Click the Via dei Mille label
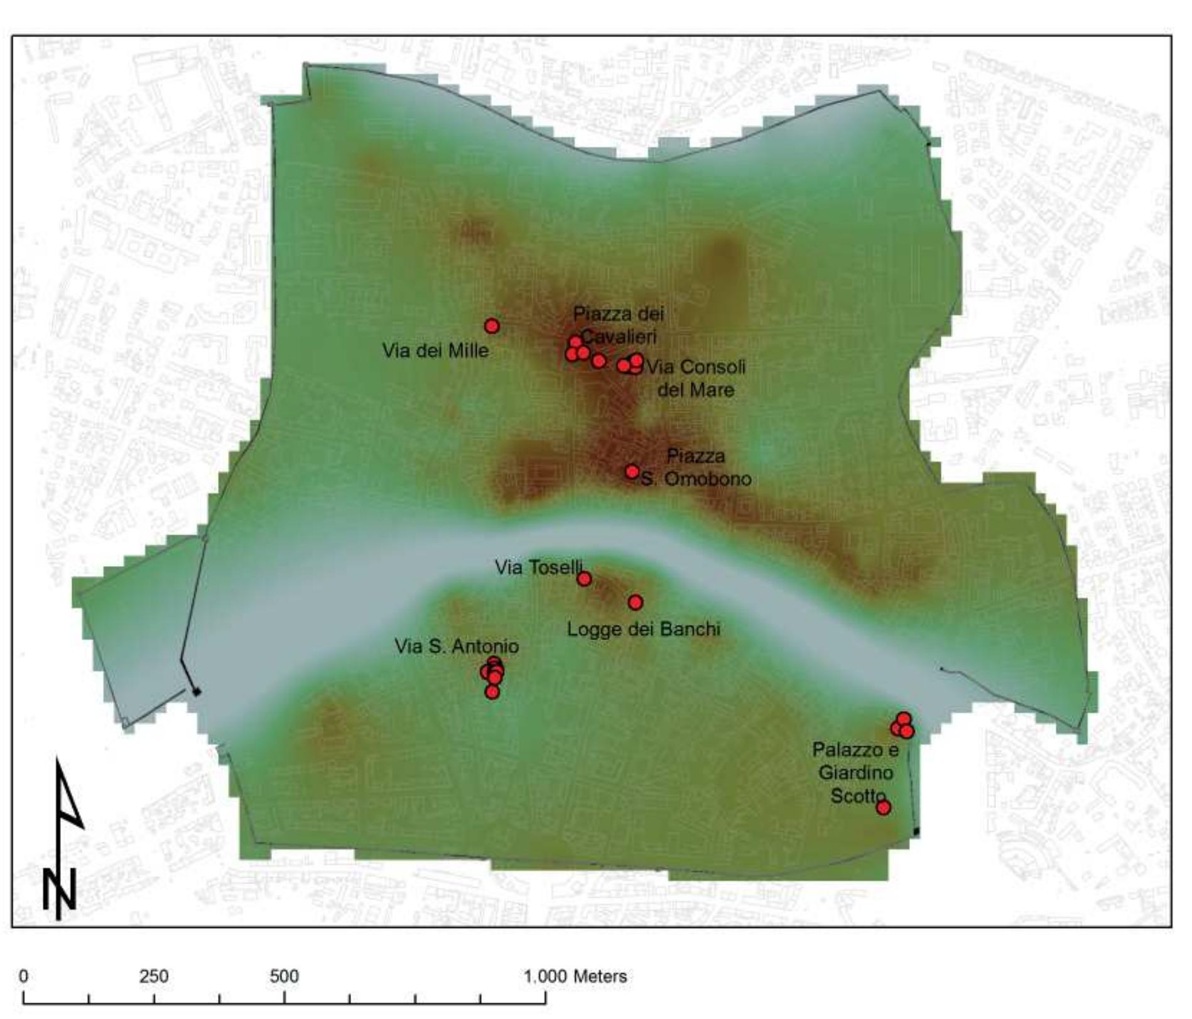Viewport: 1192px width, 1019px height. [x=435, y=351]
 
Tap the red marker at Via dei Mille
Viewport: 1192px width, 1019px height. [x=492, y=325]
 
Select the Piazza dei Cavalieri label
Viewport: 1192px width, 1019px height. [x=618, y=324]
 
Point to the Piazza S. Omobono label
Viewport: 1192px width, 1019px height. [x=696, y=467]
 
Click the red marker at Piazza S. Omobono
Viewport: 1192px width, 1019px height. [x=632, y=471]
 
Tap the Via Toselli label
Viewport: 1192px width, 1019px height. [x=538, y=567]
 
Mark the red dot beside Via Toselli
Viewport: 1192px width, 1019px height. [x=584, y=579]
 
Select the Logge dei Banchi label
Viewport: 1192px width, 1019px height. [x=643, y=629]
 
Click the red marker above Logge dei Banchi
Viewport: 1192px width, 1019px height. [x=636, y=602]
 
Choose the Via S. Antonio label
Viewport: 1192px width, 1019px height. [x=457, y=646]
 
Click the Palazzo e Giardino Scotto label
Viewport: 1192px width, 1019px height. [x=855, y=772]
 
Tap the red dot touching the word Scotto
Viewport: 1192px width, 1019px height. [x=883, y=807]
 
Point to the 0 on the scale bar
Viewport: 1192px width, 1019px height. [x=23, y=976]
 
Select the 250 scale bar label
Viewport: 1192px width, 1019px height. [x=154, y=976]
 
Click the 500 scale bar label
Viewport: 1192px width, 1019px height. [x=284, y=976]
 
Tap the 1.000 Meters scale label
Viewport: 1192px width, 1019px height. [x=575, y=976]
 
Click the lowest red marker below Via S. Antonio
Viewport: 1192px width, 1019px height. [x=492, y=692]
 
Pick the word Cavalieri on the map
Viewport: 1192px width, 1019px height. [x=619, y=336]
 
